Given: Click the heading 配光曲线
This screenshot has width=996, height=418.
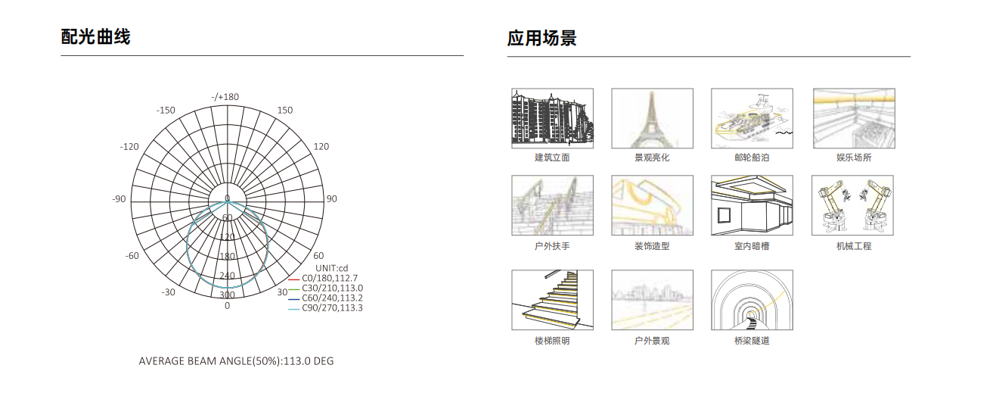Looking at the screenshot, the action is [95, 37].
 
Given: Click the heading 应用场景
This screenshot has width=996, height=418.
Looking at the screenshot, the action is [542, 39].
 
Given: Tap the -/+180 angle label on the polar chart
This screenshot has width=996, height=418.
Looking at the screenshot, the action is [225, 97].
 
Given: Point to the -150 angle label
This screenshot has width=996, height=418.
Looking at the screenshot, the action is [166, 111].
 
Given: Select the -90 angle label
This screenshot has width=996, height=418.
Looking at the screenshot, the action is [119, 199].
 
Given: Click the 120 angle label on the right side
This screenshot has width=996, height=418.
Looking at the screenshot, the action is [321, 147].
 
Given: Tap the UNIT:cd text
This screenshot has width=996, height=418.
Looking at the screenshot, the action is [332, 268].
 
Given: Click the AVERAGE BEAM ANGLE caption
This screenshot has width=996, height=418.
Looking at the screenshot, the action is [236, 361].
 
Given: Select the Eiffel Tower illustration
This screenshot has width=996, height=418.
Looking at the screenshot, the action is [653, 118].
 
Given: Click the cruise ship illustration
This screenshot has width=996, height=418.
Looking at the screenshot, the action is [752, 118].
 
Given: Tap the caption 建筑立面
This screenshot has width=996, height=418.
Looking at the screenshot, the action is [552, 158].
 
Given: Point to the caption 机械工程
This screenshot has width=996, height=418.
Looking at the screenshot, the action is [854, 246].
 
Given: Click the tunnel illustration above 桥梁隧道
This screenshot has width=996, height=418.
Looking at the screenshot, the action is [752, 300].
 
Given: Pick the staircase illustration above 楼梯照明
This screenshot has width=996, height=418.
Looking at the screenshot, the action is [552, 300].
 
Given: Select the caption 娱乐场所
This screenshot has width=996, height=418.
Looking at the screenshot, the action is [854, 158].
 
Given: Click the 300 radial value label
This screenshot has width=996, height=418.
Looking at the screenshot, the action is [227, 295].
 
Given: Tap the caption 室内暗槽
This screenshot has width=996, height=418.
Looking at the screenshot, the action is [752, 246].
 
